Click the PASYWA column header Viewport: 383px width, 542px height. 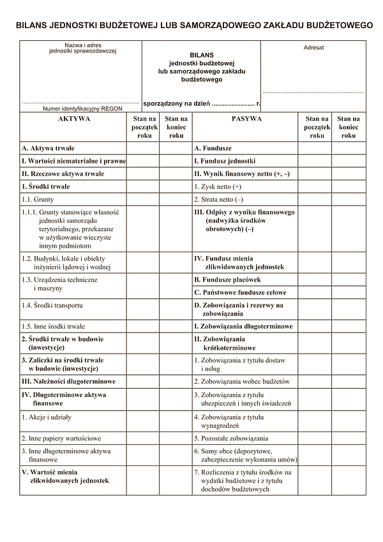click(x=246, y=119)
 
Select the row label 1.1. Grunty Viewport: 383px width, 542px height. click(x=38, y=199)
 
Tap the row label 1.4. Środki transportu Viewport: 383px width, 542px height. click(x=52, y=305)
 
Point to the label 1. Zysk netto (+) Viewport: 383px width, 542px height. click(x=218, y=186)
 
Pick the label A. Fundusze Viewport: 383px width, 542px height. click(x=213, y=148)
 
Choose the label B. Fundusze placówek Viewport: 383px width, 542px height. click(x=227, y=280)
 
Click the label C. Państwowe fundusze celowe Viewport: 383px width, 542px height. click(x=240, y=292)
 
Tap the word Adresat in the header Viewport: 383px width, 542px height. click(x=313, y=48)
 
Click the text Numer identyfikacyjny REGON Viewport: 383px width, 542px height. click(x=82, y=109)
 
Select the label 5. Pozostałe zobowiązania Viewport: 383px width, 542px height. click(x=231, y=439)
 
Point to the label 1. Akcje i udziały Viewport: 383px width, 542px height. click(x=47, y=417)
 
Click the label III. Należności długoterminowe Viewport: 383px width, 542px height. click(x=69, y=381)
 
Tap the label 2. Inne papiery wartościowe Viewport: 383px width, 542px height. click(x=61, y=439)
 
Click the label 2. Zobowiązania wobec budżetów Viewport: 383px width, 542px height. click(x=242, y=381)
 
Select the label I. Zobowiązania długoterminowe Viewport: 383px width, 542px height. click(x=243, y=326)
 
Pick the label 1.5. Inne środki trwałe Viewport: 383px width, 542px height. click(x=53, y=326)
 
